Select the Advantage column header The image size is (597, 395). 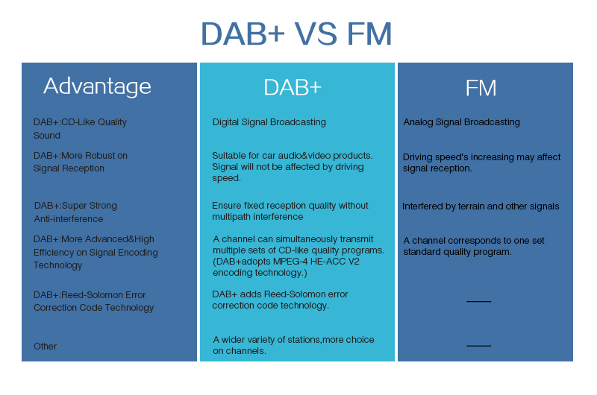tap(97, 86)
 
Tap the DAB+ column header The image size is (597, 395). tap(293, 87)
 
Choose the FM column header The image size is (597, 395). tap(481, 88)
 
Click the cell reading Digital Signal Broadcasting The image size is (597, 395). tap(269, 122)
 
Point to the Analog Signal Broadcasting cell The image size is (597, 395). tap(461, 122)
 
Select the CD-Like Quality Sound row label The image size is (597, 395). tap(80, 129)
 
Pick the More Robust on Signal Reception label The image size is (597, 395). tap(80, 162)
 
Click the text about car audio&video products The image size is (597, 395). tap(292, 167)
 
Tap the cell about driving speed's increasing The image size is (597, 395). tap(481, 162)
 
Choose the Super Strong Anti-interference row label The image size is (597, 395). tap(75, 212)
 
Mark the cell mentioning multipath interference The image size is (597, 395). tap(290, 211)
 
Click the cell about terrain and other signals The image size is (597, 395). tap(481, 206)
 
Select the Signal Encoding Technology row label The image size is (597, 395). tap(96, 252)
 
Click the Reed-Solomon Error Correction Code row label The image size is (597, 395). tap(93, 301)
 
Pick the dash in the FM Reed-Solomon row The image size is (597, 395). tap(478, 301)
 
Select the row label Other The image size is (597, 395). tap(45, 347)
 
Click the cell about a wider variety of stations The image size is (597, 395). tap(293, 345)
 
